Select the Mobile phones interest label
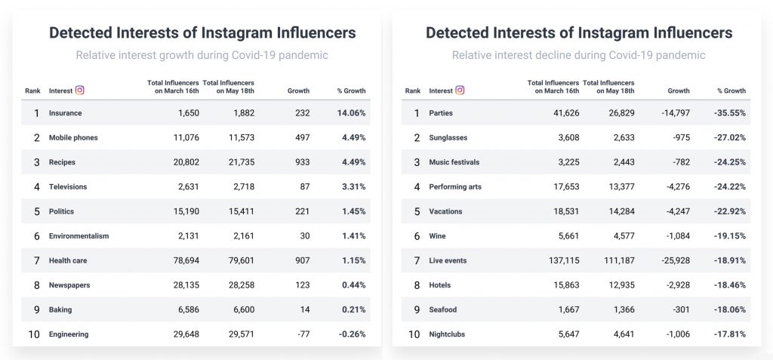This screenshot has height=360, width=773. tap(73, 137)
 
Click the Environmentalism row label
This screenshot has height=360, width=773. tap(79, 236)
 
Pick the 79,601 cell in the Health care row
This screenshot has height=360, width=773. tap(239, 260)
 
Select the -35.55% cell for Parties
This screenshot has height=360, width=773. tap(731, 113)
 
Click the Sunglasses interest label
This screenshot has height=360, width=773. tap(448, 137)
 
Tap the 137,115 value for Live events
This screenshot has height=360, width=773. tap(559, 260)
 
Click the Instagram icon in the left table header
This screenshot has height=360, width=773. tap(80, 91)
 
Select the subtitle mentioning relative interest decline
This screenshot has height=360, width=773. tap(578, 55)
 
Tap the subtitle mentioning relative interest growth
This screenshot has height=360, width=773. tap(202, 55)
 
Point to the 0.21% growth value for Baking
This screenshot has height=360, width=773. tap(353, 309)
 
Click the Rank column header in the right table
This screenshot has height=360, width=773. tap(413, 91)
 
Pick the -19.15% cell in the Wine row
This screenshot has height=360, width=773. tap(731, 236)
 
